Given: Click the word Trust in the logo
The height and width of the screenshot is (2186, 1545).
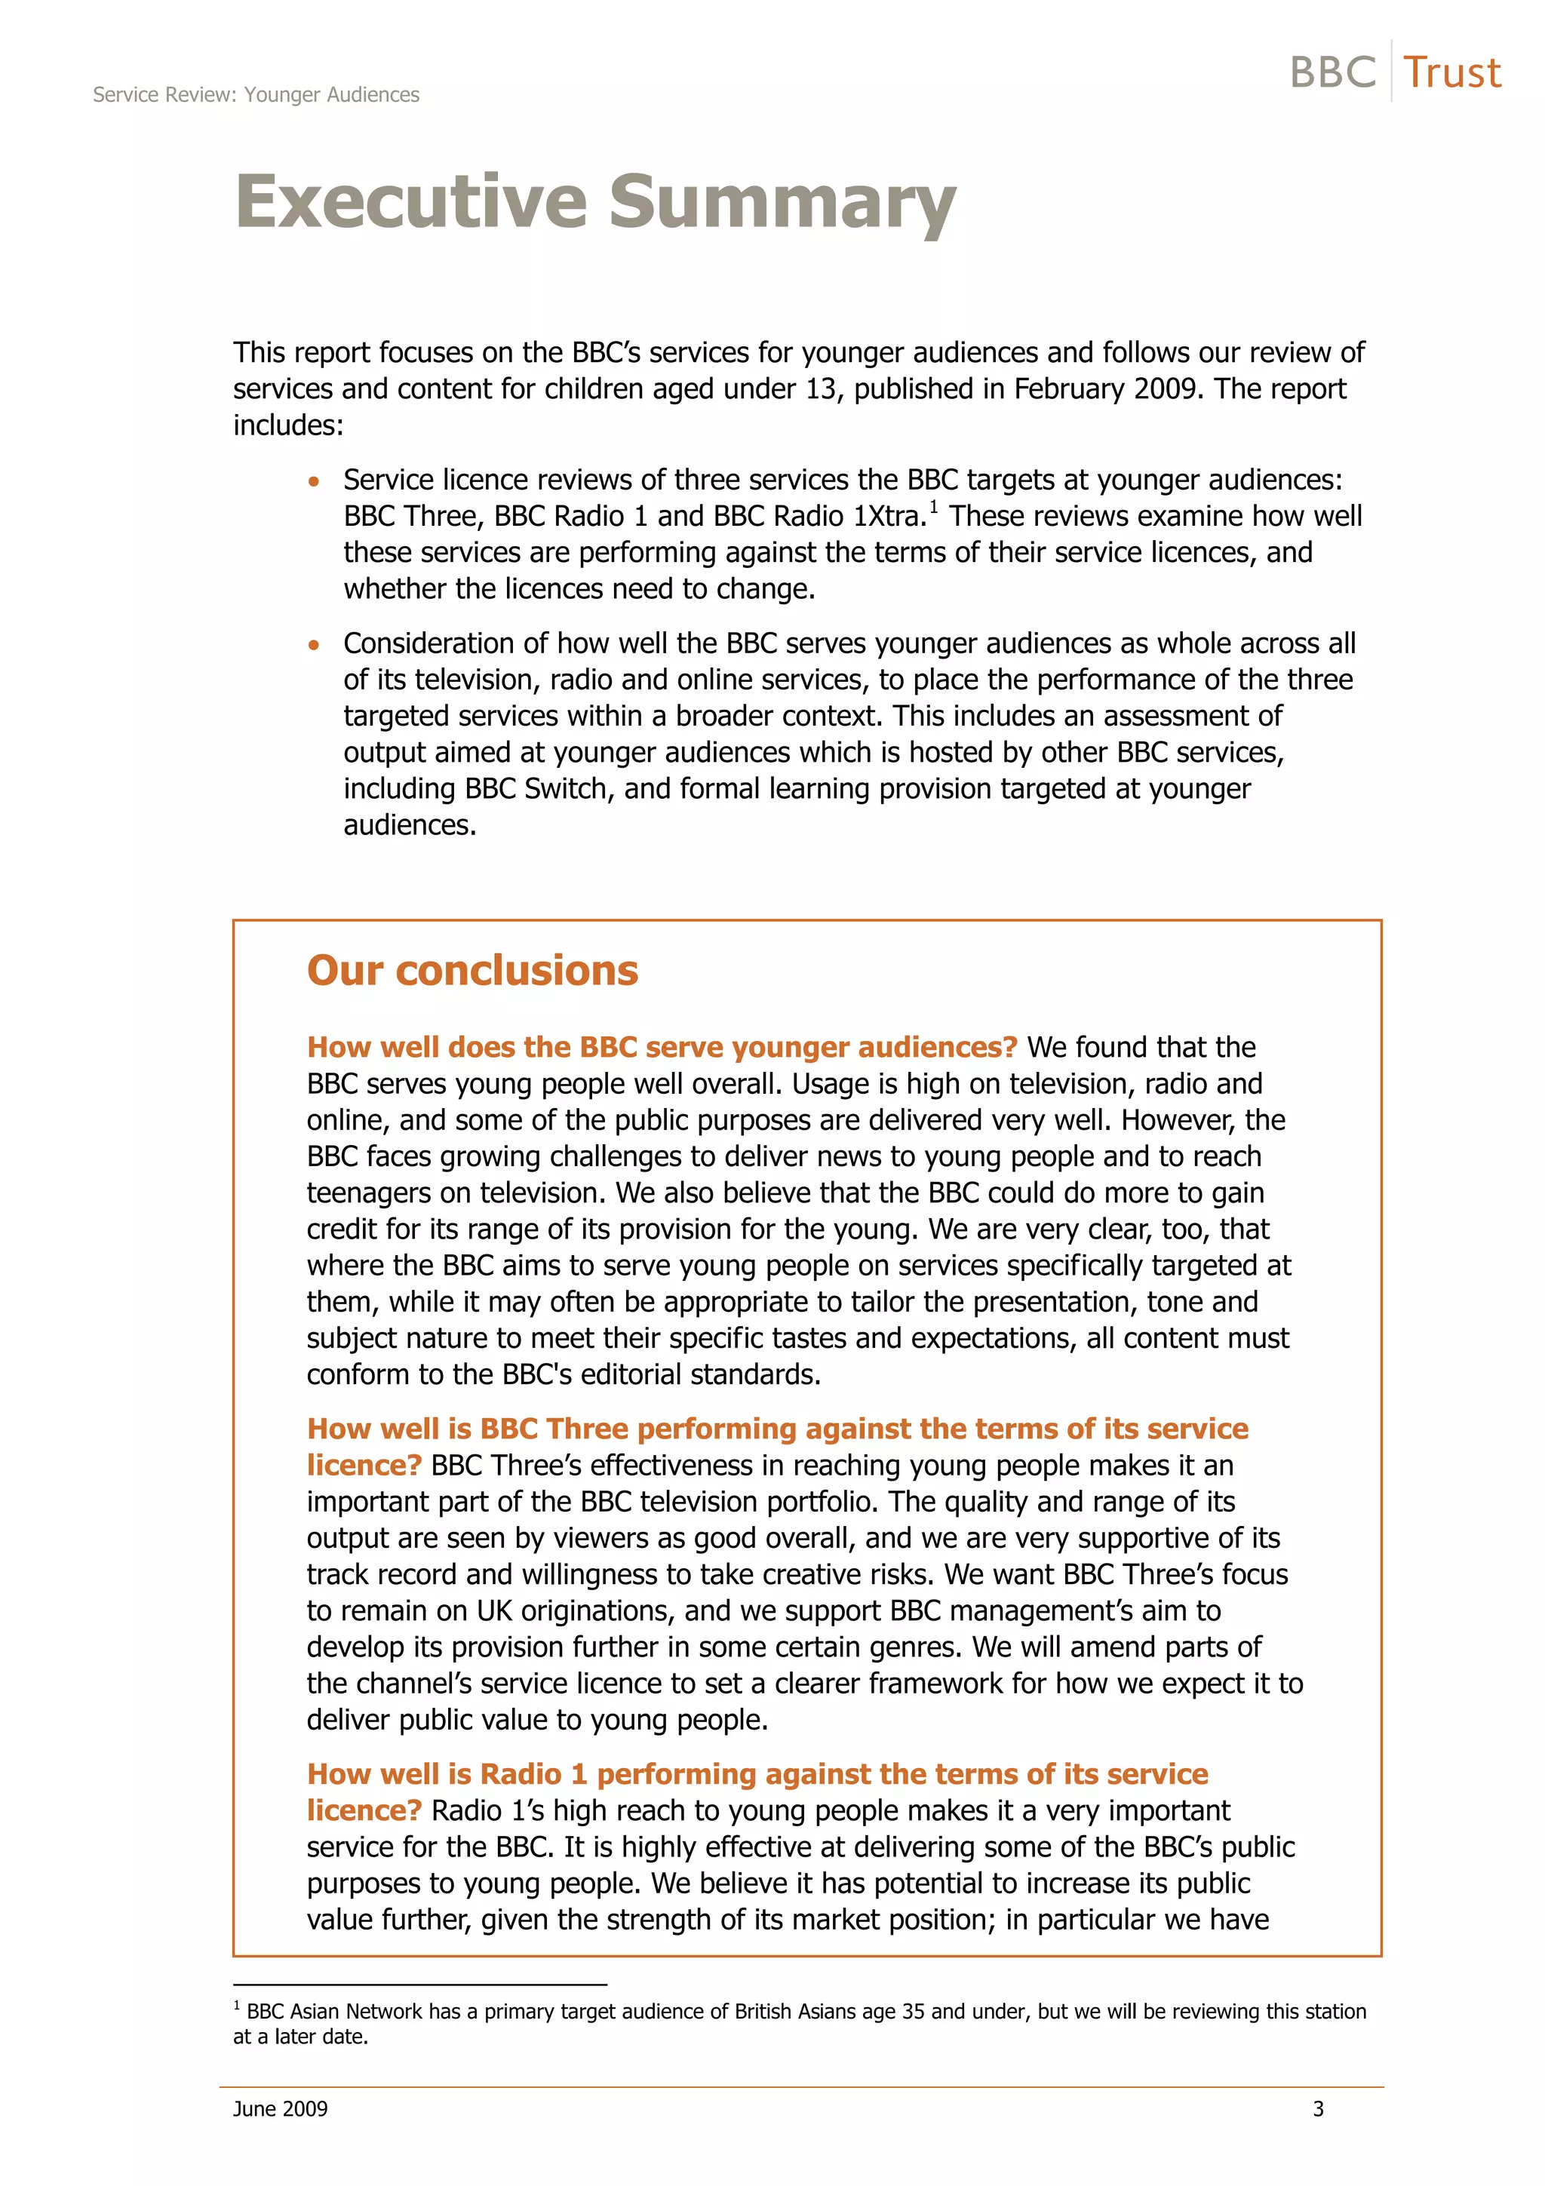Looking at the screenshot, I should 1451,73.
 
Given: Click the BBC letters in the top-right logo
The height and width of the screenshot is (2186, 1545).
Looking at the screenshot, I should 1332,73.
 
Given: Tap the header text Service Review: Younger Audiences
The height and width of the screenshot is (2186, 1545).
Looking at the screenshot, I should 256,95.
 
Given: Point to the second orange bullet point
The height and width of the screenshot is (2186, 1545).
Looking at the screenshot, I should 314,646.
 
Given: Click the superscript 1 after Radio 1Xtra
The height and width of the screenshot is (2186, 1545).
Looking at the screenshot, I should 934,506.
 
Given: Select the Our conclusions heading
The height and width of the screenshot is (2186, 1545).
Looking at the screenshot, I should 472,970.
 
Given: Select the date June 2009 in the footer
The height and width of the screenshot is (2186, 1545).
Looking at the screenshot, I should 280,2109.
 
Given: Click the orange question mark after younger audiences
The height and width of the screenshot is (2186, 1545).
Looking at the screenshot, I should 1010,1047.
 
